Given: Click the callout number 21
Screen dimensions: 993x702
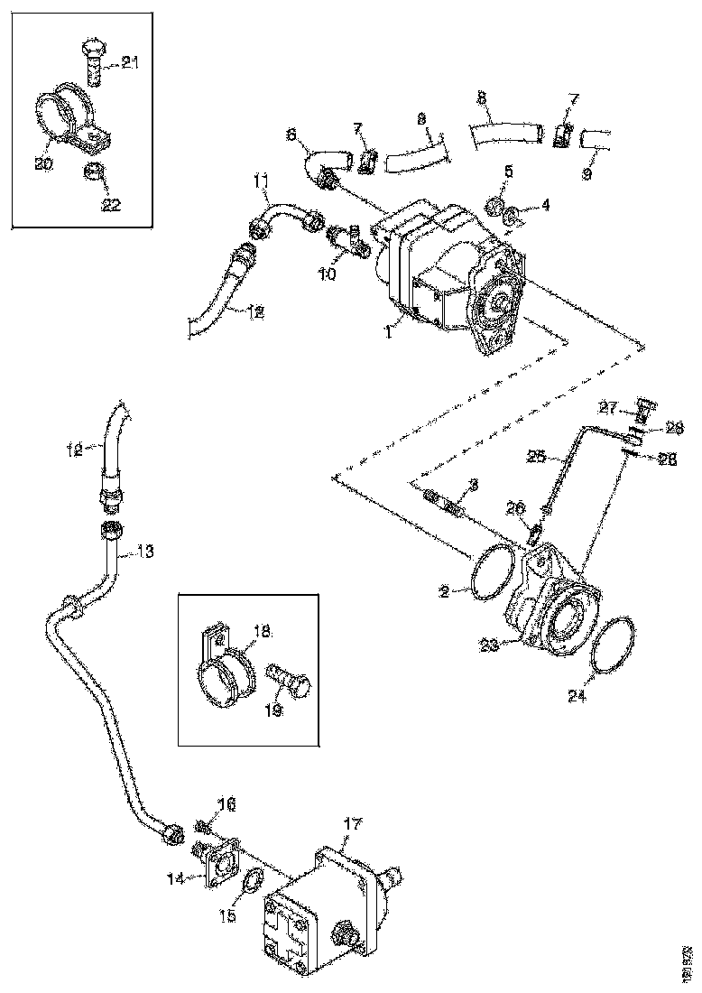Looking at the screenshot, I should pos(131,62).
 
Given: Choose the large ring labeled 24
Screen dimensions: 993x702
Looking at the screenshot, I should pos(615,644).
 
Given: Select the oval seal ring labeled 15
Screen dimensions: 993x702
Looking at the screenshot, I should pos(251,882).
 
